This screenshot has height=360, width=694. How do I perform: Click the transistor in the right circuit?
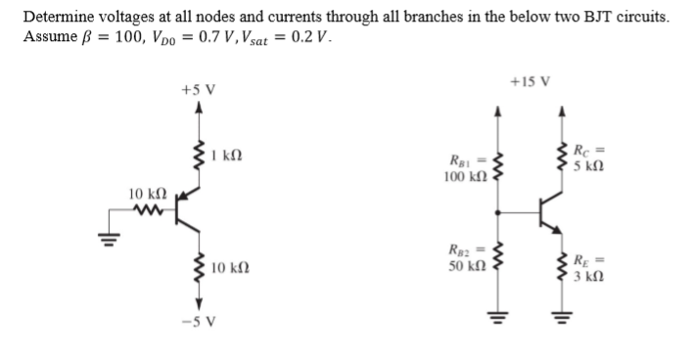coord(548,209)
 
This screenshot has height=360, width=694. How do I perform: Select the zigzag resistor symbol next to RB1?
coord(498,168)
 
